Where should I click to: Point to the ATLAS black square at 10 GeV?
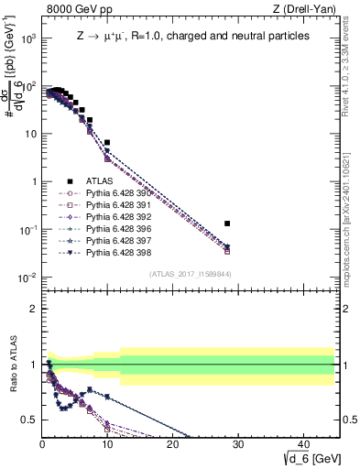[107, 143]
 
